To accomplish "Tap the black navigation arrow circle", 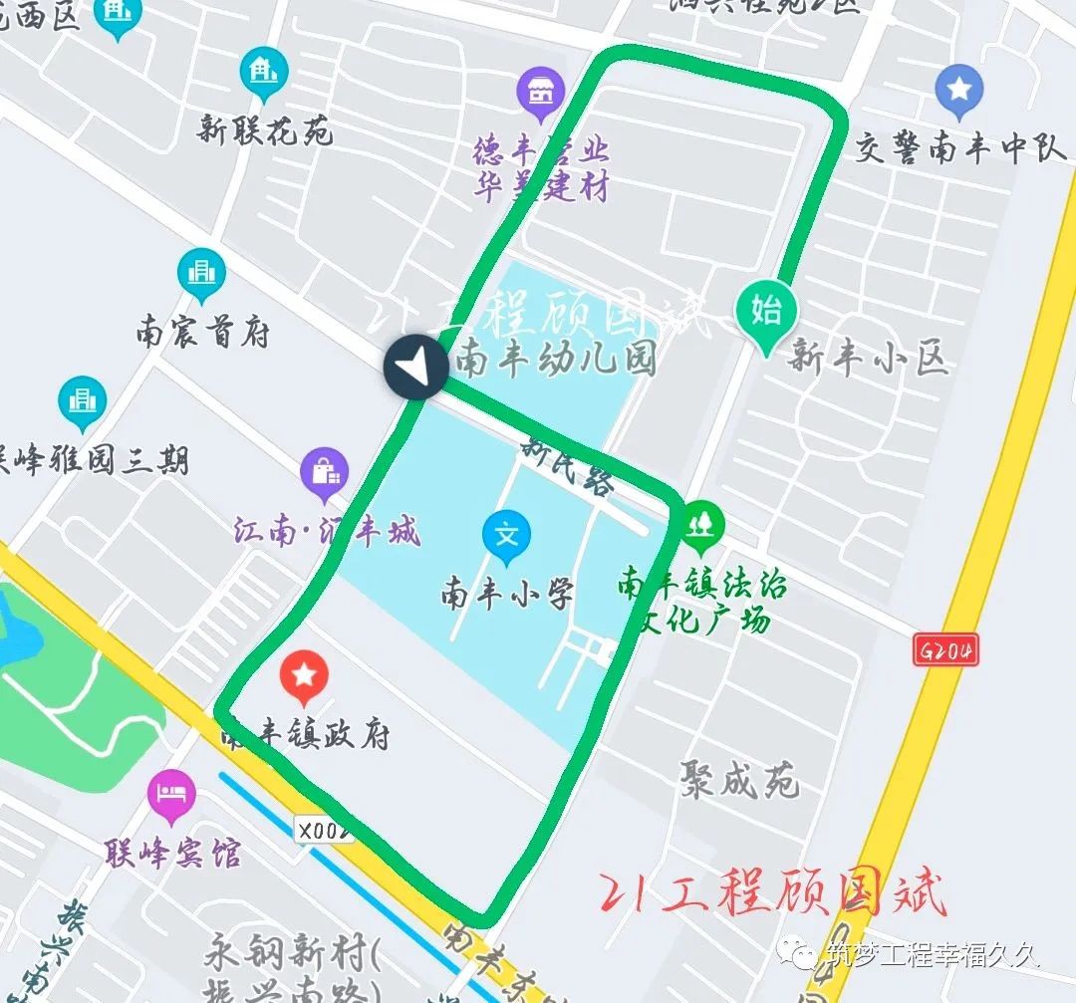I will (x=416, y=369).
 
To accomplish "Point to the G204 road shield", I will (x=944, y=651).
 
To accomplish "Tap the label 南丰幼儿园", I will (x=555, y=359).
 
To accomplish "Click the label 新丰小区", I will (x=867, y=357).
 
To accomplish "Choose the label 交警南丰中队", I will (x=961, y=149).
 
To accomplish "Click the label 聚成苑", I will (x=740, y=779).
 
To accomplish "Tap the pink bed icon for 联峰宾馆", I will (x=171, y=795).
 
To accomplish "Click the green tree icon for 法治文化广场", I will (x=702, y=523).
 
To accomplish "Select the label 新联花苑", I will (x=265, y=130).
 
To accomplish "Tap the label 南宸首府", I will (x=203, y=333).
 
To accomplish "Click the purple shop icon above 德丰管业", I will (x=541, y=92).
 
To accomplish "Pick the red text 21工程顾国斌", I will (x=772, y=893).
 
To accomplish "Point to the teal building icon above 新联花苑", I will (x=264, y=73).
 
